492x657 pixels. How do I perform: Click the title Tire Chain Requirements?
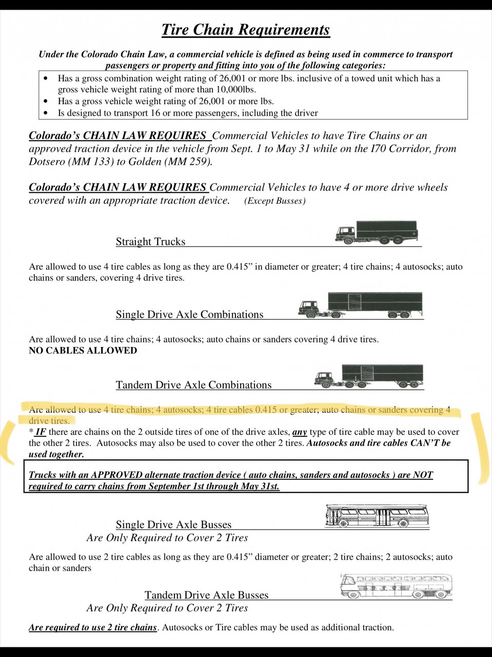click(246, 30)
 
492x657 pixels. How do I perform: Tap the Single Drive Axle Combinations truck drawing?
click(360, 305)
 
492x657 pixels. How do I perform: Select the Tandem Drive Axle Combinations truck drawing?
click(368, 377)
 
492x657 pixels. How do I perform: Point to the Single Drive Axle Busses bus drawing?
click(377, 516)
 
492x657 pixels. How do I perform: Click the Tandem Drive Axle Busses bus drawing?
click(396, 586)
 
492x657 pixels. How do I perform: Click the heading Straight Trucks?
click(150, 242)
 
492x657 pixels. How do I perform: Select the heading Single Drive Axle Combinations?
click(189, 315)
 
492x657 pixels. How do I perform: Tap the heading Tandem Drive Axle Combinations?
click(193, 385)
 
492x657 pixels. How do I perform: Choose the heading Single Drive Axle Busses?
click(173, 525)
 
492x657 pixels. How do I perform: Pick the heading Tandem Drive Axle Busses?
click(206, 595)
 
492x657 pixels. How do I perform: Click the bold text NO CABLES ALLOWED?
click(83, 351)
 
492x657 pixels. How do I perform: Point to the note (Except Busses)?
click(275, 201)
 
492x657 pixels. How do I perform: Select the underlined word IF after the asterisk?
click(41, 432)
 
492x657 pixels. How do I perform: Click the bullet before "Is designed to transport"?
click(47, 113)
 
